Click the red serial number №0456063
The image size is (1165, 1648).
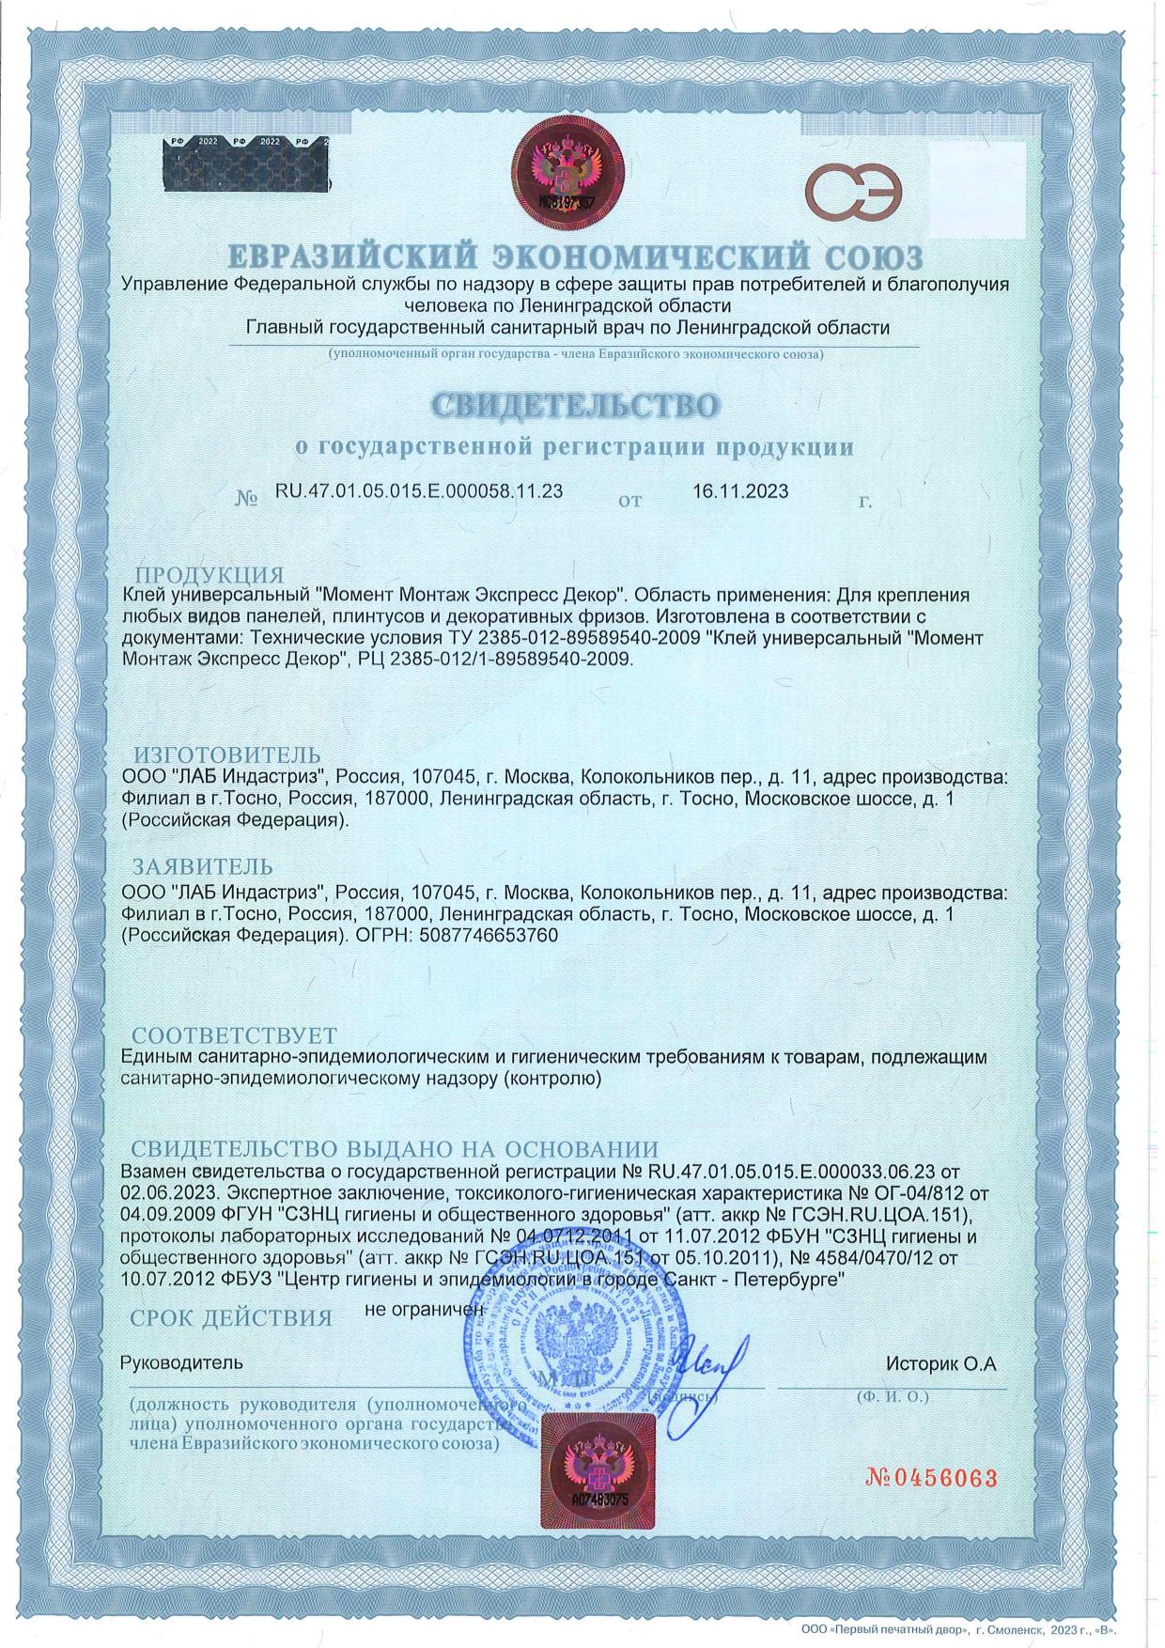pos(930,1478)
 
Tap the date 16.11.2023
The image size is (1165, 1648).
pos(740,491)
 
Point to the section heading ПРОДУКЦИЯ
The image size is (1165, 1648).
pos(210,575)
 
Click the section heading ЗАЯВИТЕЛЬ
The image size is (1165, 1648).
pos(202,866)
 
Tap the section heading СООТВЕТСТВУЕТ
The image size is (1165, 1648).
pos(234,1036)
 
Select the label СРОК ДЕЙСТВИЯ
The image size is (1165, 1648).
pos(231,1318)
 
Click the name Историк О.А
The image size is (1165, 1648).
pos(940,1363)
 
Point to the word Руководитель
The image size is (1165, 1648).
pos(182,1362)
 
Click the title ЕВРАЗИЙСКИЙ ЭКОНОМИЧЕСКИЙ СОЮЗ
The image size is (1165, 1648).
pos(576,257)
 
